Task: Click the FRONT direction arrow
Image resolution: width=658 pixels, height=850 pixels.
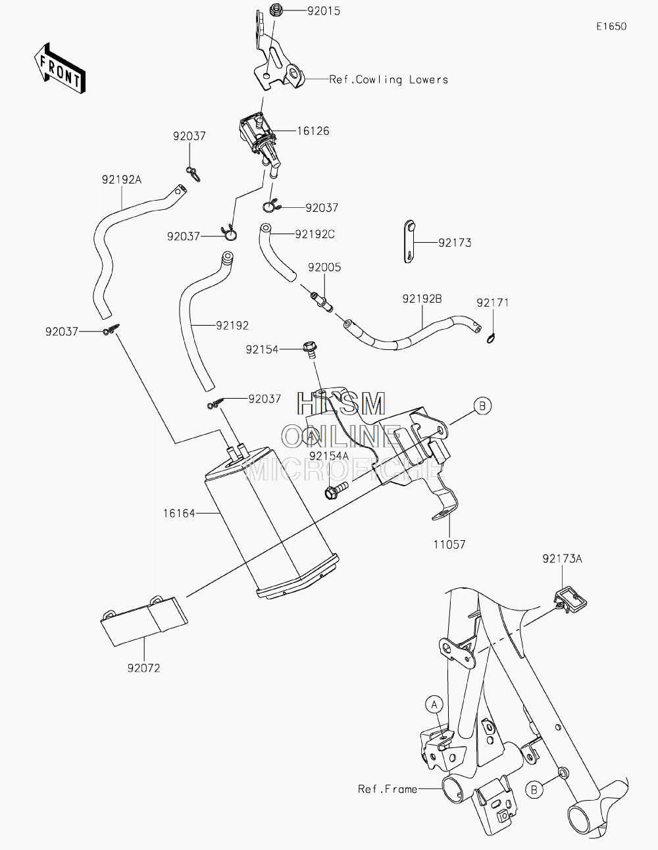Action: [x=59, y=68]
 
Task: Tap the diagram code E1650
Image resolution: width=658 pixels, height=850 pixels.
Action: [x=611, y=26]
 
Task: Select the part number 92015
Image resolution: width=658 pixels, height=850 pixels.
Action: [x=324, y=11]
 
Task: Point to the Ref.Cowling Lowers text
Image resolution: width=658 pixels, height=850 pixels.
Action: [x=389, y=80]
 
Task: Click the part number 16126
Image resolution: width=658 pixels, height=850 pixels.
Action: [x=313, y=131]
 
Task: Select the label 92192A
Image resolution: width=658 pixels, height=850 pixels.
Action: [x=122, y=180]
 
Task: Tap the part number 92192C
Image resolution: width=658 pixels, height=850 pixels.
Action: [x=315, y=234]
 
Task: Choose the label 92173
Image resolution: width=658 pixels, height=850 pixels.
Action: [x=455, y=243]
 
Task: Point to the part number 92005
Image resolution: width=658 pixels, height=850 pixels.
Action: [x=324, y=267]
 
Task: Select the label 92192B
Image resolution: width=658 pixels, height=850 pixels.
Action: [x=422, y=299]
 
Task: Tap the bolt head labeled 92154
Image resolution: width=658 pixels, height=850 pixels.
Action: [x=310, y=347]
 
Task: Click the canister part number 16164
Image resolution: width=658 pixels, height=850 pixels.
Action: [x=179, y=513]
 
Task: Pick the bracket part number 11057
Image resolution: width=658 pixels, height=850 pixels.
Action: [x=449, y=544]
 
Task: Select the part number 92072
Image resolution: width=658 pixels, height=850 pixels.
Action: [x=144, y=668]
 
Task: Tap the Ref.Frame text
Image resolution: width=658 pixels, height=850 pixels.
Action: [x=388, y=789]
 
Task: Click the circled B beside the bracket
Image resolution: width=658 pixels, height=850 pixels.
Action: [x=482, y=406]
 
